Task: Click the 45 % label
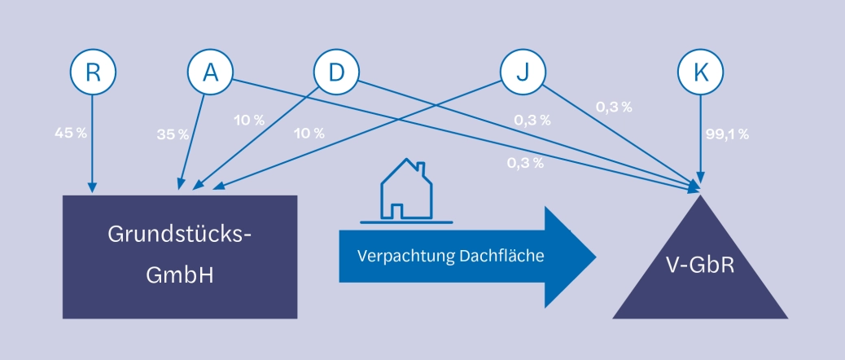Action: click(x=70, y=132)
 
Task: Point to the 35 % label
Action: click(x=173, y=134)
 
